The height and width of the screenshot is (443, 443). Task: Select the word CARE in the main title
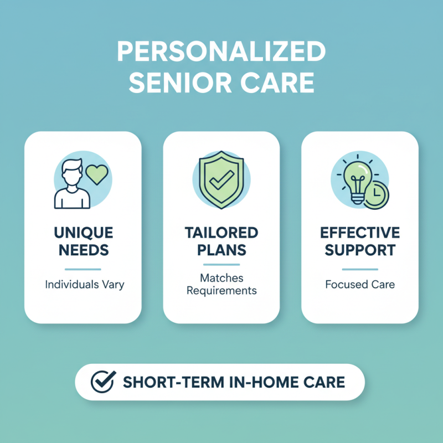282,83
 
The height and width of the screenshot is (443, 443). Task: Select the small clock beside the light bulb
375,194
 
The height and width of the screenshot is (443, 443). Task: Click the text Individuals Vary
83,285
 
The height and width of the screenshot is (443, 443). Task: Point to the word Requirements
221,291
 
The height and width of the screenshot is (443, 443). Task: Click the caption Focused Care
359,285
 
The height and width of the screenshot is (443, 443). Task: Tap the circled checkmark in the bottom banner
102,382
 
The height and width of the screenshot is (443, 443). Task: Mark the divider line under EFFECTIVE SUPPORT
359,270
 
